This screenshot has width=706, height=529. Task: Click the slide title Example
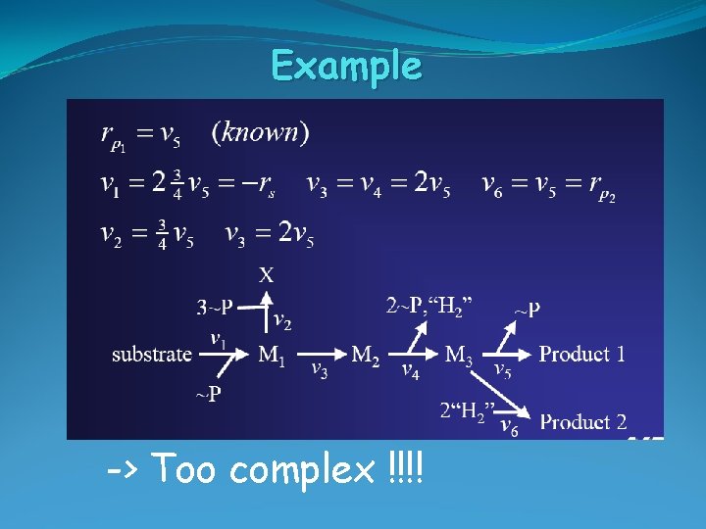[346, 67]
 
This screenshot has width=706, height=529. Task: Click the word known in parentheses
[260, 132]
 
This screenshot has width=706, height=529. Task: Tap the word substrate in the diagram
[151, 355]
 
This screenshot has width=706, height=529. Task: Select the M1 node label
[272, 355]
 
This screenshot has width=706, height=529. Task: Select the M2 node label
[366, 355]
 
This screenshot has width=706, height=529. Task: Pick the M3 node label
[458, 355]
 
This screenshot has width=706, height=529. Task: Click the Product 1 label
[581, 355]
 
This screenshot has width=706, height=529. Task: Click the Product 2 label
[582, 423]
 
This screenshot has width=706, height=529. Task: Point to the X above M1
[266, 276]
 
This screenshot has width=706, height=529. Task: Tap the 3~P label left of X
[214, 307]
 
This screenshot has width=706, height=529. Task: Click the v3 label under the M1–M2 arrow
[319, 369]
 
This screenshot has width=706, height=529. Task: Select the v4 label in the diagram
[412, 369]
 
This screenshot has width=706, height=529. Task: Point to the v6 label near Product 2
[509, 427]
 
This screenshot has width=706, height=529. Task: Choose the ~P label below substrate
[207, 395]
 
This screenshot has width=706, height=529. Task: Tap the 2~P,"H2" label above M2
[429, 307]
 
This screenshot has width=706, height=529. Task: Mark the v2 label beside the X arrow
[280, 319]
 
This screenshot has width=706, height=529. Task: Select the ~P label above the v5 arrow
[528, 311]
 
